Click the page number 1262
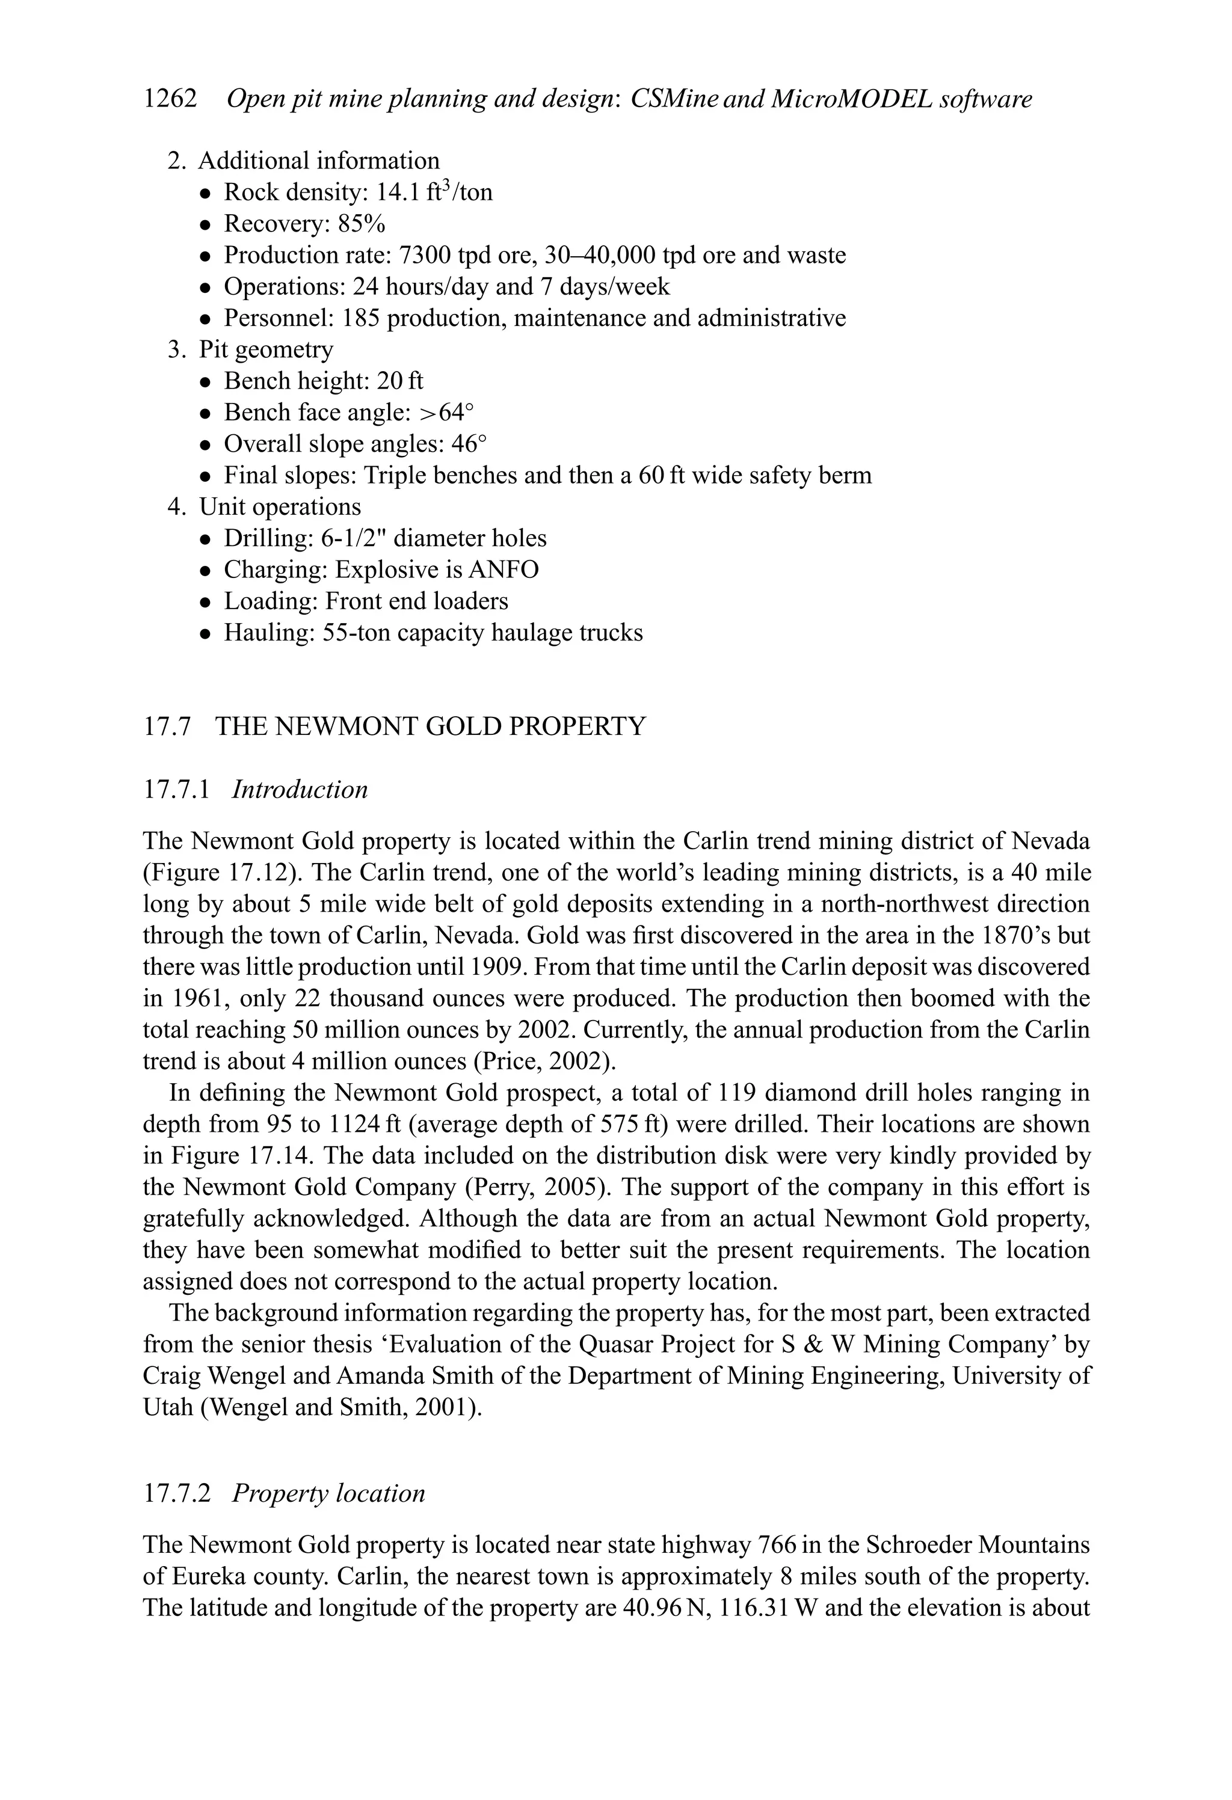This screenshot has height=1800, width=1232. (x=170, y=99)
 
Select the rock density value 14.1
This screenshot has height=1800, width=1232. (x=398, y=192)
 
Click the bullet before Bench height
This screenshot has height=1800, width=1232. (x=205, y=382)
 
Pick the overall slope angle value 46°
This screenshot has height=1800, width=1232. (x=470, y=444)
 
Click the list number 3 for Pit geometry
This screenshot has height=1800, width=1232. (x=175, y=349)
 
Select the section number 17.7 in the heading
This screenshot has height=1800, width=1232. (x=167, y=726)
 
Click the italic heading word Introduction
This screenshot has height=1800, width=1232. (x=300, y=789)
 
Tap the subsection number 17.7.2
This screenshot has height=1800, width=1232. (x=177, y=1493)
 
